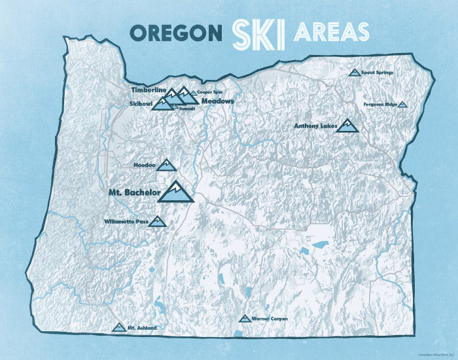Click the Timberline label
[x=146, y=89]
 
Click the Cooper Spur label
[x=202, y=92]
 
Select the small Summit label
[x=187, y=107]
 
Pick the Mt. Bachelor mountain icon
[x=177, y=193]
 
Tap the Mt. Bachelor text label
[x=133, y=194]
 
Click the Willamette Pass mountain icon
[x=158, y=222]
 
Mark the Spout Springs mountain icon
[x=355, y=73]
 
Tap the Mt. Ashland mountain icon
[x=118, y=326]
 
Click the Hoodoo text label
[x=144, y=166]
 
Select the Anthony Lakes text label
[x=315, y=126]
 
